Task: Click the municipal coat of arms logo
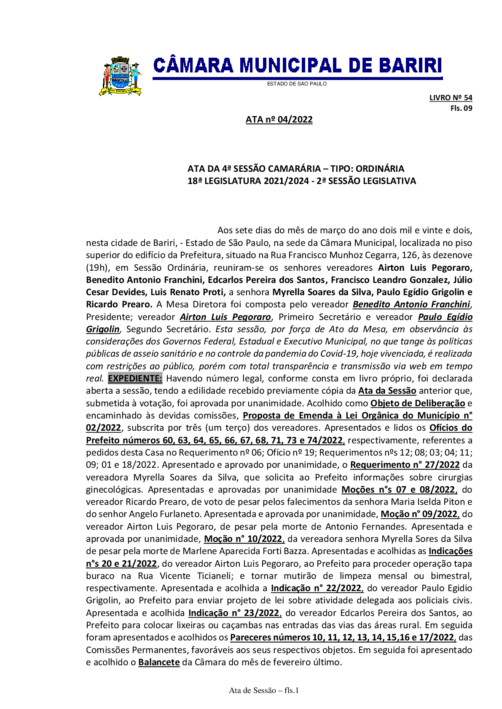tap(120, 76)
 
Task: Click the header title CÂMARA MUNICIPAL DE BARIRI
tap(297, 66)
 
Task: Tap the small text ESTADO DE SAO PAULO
tap(297, 84)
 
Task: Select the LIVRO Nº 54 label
tap(451, 98)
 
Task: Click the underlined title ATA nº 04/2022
tap(279, 120)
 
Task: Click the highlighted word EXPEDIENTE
tap(135, 378)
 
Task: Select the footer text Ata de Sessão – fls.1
tap(264, 690)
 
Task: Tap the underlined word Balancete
tap(159, 662)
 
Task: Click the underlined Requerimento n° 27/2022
tap(405, 465)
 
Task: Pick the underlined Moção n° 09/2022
tap(419, 514)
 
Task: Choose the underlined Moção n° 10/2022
tap(244, 539)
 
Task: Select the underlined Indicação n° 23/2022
tap(234, 613)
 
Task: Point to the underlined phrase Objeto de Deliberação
tap(417, 403)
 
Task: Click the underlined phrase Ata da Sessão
tap(387, 391)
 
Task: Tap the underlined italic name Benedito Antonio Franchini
tap(411, 304)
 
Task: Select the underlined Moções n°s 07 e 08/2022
tap(398, 490)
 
